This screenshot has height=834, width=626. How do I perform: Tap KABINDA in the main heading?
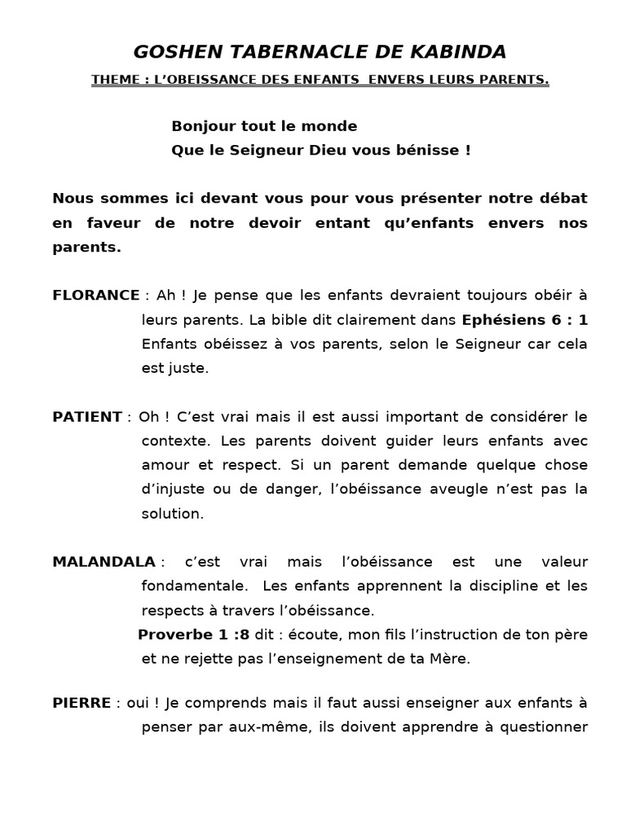tap(463, 52)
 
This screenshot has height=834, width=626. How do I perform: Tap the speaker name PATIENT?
tap(87, 417)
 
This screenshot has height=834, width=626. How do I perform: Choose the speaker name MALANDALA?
tap(104, 562)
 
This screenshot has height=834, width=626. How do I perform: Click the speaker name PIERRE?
tap(82, 702)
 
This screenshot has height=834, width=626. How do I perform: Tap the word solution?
tap(172, 514)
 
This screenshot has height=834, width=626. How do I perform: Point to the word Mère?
tap(452, 659)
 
